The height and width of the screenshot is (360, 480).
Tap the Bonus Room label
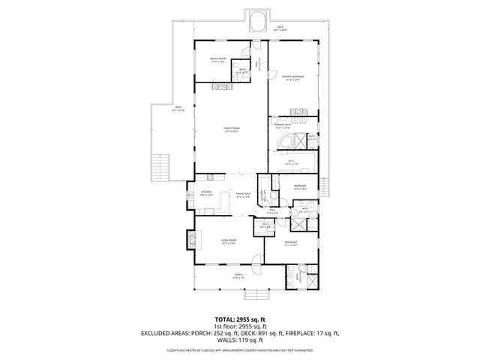pyautogui.click(x=219, y=59)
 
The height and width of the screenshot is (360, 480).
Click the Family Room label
pyautogui.click(x=231, y=129)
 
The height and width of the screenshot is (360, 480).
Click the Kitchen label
pyautogui.click(x=206, y=193)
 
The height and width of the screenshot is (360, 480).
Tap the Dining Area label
pyautogui.click(x=242, y=195)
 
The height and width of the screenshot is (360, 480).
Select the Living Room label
pyautogui.click(x=228, y=241)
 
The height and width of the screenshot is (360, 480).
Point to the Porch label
pyautogui.click(x=238, y=276)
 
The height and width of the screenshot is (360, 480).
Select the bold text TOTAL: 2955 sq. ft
pyautogui.click(x=240, y=319)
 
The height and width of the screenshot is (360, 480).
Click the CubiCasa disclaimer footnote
pyautogui.click(x=240, y=349)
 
